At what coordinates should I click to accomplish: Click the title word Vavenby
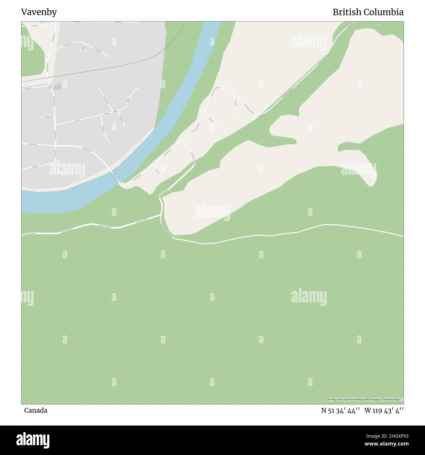(39, 12)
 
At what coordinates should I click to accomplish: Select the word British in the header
(347, 12)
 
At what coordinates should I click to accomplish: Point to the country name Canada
(35, 410)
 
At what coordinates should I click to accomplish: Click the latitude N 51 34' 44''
(341, 410)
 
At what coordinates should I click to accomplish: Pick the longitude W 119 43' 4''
(384, 410)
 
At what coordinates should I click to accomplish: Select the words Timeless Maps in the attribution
(394, 399)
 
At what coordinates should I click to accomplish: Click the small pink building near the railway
(59, 86)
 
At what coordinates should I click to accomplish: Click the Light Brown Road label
(48, 117)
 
